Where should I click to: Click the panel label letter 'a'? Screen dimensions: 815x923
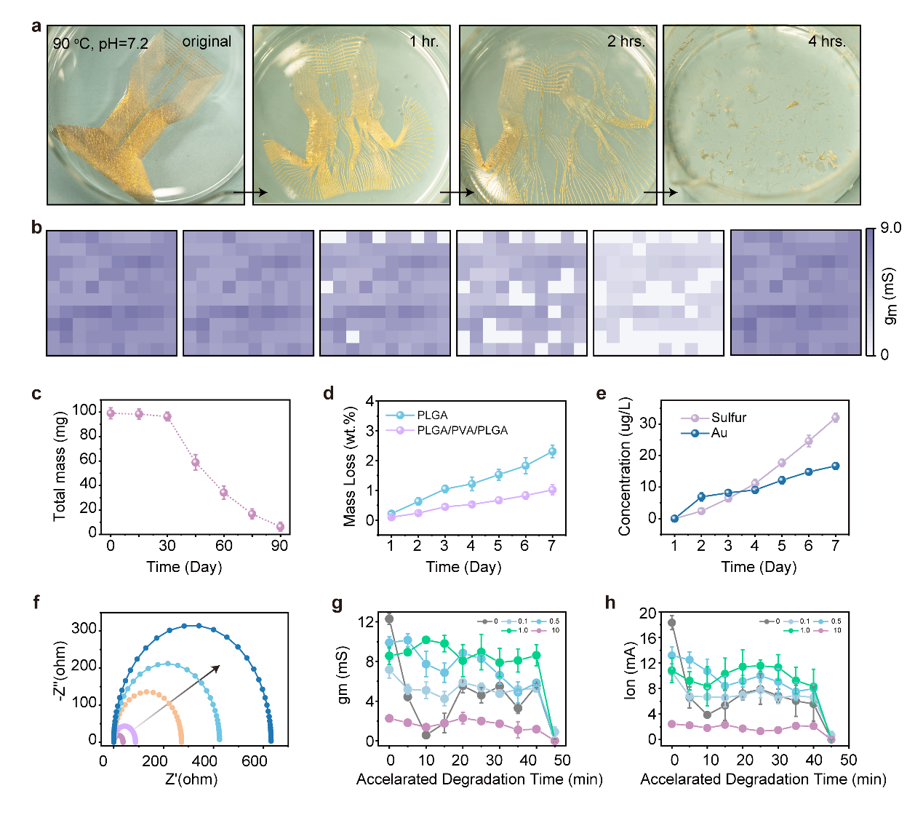pos(36,27)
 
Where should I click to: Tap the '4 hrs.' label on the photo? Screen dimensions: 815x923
pos(827,41)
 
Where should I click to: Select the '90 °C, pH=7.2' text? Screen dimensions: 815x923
pos(100,44)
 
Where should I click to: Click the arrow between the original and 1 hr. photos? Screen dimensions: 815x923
pos(250,192)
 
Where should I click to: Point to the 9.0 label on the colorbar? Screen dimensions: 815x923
pos(890,228)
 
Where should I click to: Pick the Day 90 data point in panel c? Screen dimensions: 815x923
pos(280,527)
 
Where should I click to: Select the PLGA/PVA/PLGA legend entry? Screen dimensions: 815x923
pos(462,431)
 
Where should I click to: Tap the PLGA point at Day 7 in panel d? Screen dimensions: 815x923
pos(552,452)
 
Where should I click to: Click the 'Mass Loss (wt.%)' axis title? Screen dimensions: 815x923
pos(351,466)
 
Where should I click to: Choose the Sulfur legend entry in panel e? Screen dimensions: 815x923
pos(728,418)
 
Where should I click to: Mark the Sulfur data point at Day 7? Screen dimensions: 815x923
pos(836,418)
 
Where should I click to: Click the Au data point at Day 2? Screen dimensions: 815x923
pos(701,497)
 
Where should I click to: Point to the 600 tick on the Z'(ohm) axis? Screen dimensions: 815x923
pos(255,761)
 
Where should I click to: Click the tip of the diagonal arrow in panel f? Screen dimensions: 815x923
pos(219,666)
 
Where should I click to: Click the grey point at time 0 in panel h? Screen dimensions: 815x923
pos(672,622)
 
